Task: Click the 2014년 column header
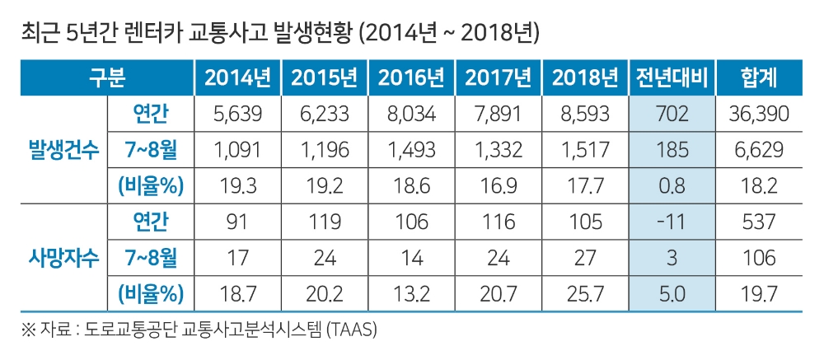[x=237, y=78]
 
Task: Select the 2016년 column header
[x=411, y=78]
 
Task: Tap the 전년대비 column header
[x=672, y=78]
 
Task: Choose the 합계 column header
[x=759, y=78]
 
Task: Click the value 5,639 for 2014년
[x=237, y=115]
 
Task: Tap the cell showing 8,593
[x=585, y=115]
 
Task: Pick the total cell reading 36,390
[x=759, y=115]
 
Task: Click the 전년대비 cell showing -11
[x=672, y=222]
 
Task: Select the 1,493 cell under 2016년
[x=411, y=150]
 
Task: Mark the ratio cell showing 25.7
[x=585, y=293]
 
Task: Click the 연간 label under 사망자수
[x=150, y=222]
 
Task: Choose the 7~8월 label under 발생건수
[x=150, y=150]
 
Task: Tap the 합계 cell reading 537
[x=759, y=222]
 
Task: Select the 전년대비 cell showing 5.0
[x=672, y=293]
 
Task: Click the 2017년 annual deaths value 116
[x=498, y=222]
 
